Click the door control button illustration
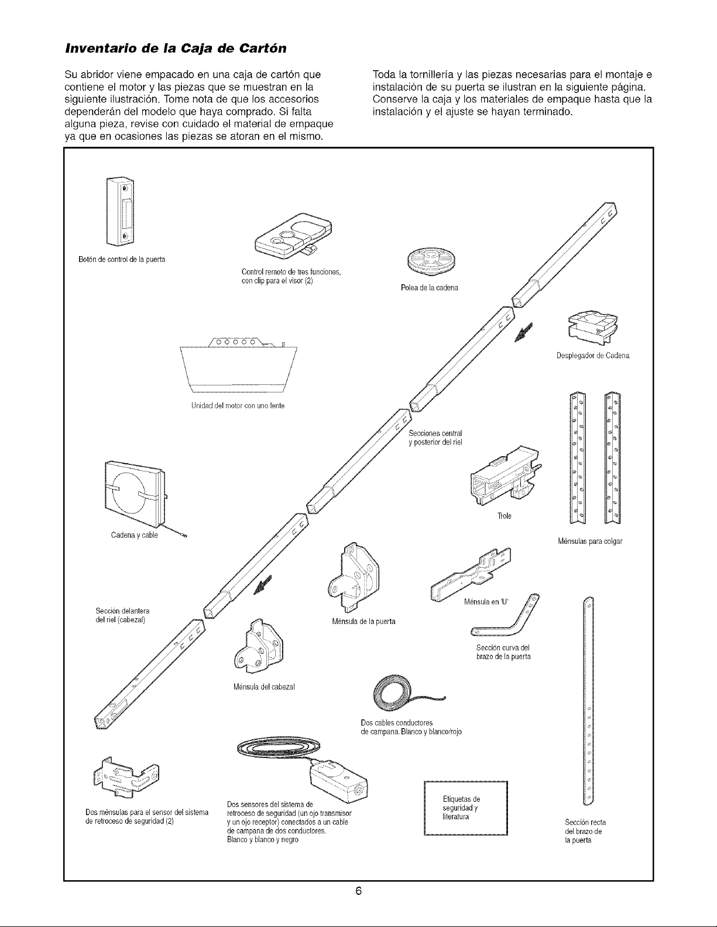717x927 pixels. click(x=121, y=211)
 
